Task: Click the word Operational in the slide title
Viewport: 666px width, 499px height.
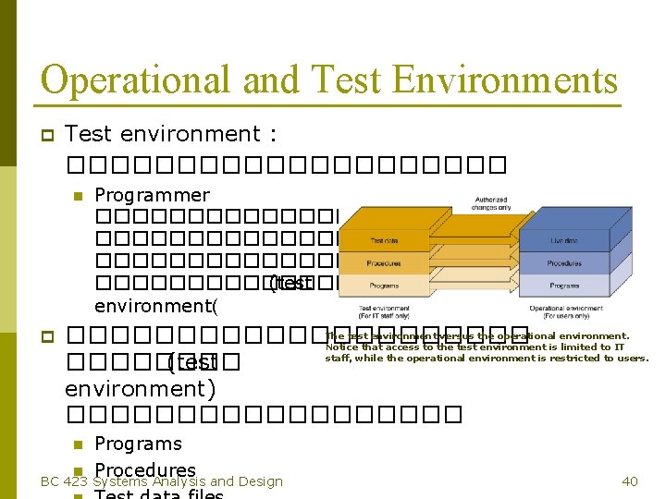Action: pyautogui.click(x=129, y=79)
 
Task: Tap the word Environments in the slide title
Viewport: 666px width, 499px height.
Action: pyautogui.click(x=504, y=79)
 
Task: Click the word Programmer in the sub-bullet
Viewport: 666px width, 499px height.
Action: pyautogui.click(x=152, y=195)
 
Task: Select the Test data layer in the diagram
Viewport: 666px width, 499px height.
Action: pyautogui.click(x=384, y=240)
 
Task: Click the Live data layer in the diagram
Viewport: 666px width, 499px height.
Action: pyautogui.click(x=563, y=240)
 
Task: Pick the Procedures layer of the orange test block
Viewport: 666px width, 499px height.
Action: pyautogui.click(x=383, y=263)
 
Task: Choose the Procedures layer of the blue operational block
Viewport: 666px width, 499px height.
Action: pyautogui.click(x=563, y=262)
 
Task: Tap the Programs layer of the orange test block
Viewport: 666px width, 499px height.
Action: pyautogui.click(x=383, y=286)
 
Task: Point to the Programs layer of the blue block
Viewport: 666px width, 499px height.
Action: pyautogui.click(x=563, y=286)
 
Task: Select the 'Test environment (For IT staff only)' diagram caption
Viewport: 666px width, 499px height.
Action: pyautogui.click(x=384, y=312)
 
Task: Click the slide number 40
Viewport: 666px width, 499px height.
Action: pyautogui.click(x=630, y=481)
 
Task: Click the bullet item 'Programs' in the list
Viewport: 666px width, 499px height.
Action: pyautogui.click(x=138, y=444)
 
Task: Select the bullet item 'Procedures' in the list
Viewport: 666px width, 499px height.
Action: pyautogui.click(x=145, y=470)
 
